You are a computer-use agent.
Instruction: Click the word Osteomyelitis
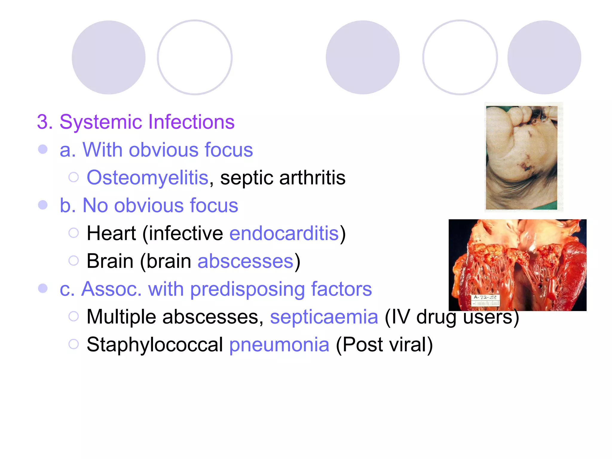[x=147, y=178]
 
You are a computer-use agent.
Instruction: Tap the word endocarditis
[x=284, y=233]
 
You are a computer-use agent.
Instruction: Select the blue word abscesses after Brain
[x=246, y=261]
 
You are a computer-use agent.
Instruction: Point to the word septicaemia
[x=324, y=317]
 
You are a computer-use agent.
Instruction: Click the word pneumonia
[x=279, y=345]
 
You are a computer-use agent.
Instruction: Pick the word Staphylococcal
[x=154, y=345]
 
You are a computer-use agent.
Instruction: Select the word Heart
[x=111, y=233]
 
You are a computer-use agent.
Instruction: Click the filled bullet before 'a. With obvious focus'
[x=43, y=149]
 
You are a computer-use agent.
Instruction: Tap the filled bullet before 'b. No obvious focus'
[x=43, y=205]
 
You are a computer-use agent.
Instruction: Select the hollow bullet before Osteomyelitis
[x=74, y=177]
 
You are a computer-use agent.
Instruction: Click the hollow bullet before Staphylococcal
[x=74, y=344]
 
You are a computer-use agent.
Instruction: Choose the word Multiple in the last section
[x=121, y=317]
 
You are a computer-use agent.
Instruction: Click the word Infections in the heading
[x=191, y=122]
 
